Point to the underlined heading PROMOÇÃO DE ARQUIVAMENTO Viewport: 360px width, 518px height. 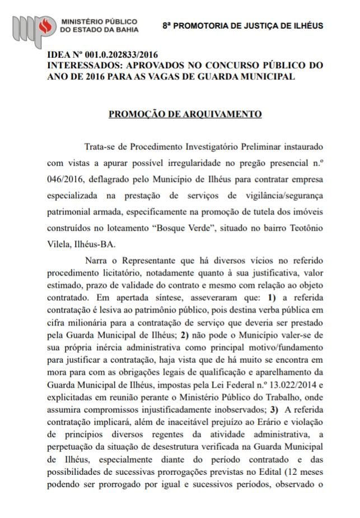point(185,114)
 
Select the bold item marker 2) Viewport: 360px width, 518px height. point(186,334)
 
